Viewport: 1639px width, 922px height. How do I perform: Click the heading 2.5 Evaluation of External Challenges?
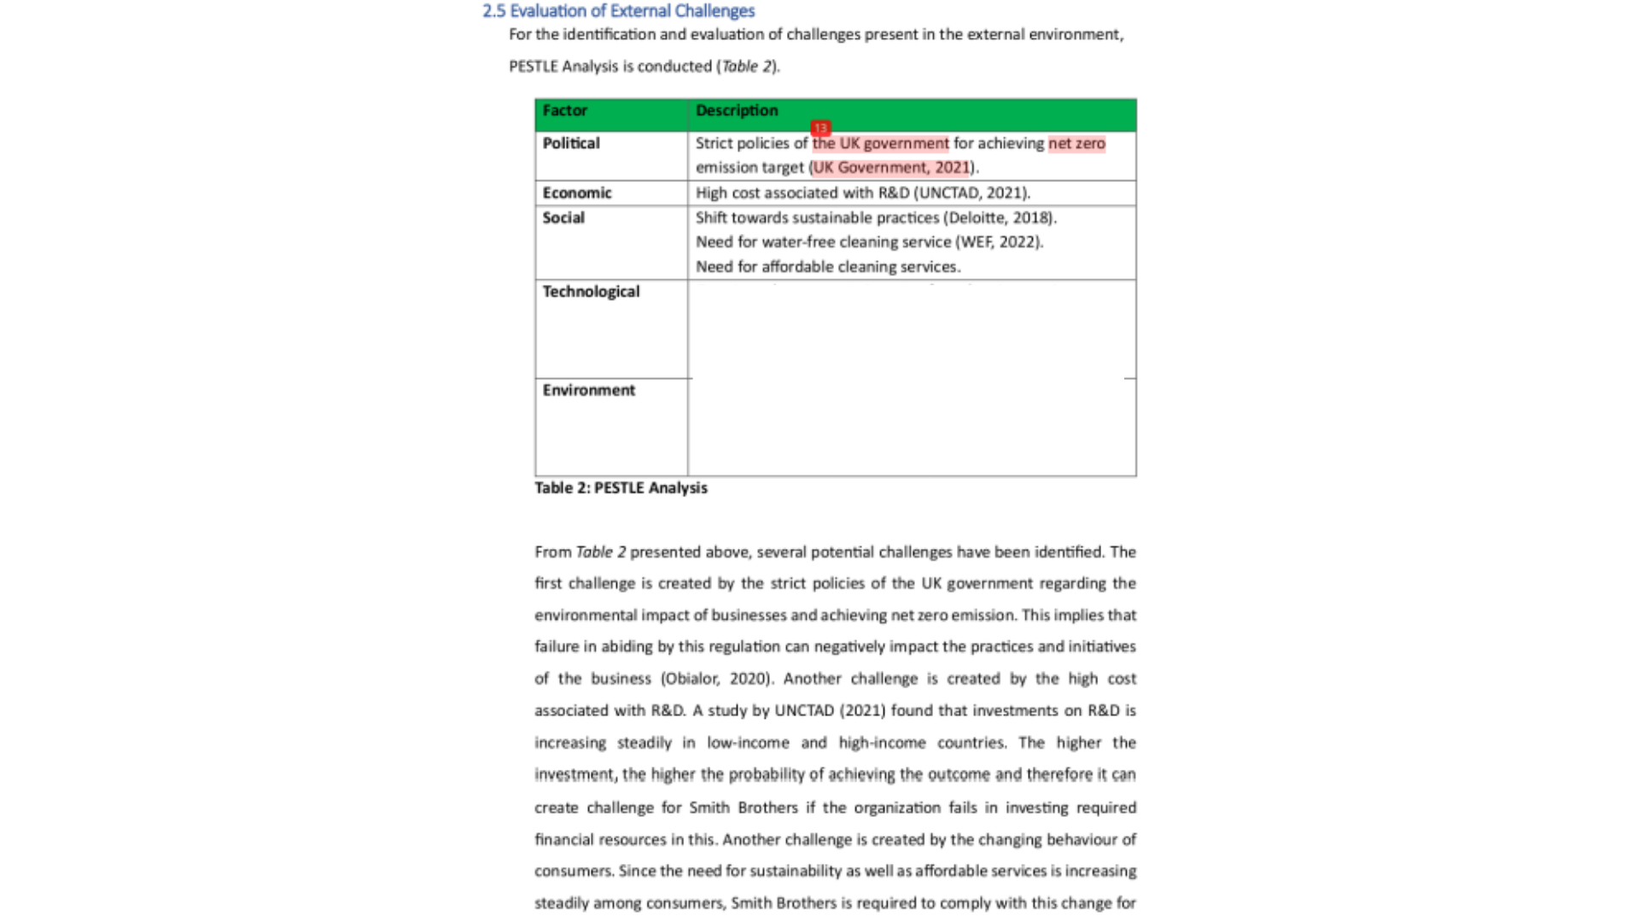click(618, 11)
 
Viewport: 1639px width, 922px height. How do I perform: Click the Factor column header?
click(564, 111)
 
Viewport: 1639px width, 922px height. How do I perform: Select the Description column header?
click(736, 111)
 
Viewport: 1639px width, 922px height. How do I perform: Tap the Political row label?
click(571, 143)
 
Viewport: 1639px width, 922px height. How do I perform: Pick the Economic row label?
click(576, 193)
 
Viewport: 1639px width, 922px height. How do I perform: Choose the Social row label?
click(563, 218)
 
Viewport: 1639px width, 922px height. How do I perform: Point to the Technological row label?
click(591, 292)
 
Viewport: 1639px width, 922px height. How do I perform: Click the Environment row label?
click(588, 390)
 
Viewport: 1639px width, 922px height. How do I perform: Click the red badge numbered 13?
click(820, 129)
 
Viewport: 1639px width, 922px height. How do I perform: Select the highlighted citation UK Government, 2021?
click(890, 168)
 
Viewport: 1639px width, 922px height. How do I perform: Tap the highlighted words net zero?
click(1076, 143)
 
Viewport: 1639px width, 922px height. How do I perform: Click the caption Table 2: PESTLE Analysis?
click(621, 488)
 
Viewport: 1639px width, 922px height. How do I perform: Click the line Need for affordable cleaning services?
click(827, 267)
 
